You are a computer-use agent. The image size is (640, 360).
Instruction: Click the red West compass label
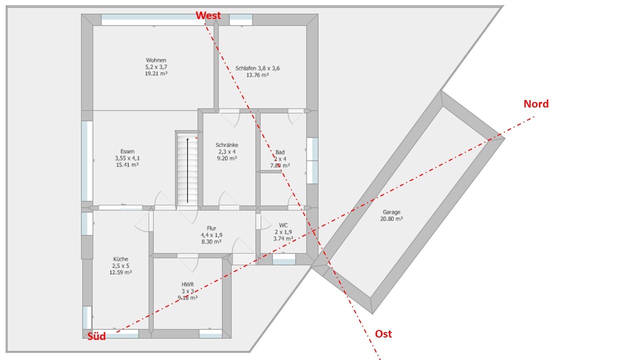(208, 15)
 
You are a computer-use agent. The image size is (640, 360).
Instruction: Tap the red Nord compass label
(536, 104)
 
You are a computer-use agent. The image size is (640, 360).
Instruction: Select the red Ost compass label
(383, 333)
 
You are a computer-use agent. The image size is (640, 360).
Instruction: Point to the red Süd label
(96, 336)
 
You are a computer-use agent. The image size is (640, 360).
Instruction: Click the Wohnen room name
(156, 60)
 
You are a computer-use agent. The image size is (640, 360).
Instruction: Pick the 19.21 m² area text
(156, 73)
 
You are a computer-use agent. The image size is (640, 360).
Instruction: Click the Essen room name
(127, 151)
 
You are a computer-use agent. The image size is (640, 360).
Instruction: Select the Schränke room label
(227, 145)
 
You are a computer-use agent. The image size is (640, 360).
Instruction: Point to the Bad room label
(280, 152)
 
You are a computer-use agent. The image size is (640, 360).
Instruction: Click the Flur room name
(211, 228)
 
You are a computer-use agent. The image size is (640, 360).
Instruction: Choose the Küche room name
(120, 259)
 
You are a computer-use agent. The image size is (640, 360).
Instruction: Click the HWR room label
(187, 284)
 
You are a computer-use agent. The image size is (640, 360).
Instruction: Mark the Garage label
(391, 212)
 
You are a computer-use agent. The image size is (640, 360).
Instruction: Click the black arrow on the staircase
(188, 170)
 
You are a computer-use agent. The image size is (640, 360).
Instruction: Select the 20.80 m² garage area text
(391, 219)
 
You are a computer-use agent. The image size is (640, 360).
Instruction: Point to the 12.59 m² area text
(120, 272)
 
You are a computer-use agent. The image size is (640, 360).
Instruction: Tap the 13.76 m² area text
(257, 75)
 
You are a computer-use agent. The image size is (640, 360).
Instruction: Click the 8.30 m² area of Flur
(211, 241)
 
